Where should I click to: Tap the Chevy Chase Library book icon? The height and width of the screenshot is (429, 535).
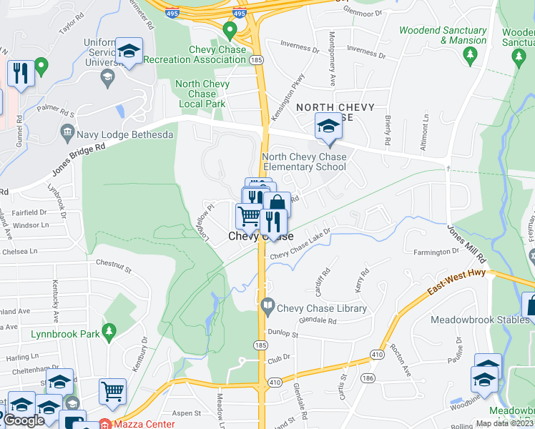pyautogui.click(x=267, y=307)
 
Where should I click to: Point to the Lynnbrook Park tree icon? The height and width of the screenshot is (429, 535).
pyautogui.click(x=109, y=331)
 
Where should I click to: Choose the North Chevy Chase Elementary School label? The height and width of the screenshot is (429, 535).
pyautogui.click(x=304, y=162)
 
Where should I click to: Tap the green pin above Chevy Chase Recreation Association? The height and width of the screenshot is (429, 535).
pyautogui.click(x=230, y=31)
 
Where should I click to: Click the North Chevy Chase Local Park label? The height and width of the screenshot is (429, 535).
pyautogui.click(x=202, y=94)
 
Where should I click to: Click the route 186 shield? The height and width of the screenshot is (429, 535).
pyautogui.click(x=368, y=377)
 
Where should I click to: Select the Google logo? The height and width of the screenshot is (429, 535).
pyautogui.click(x=23, y=420)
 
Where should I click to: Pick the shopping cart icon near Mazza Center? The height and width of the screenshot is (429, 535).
pyautogui.click(x=112, y=390)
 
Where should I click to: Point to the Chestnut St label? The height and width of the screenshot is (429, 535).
pyautogui.click(x=114, y=267)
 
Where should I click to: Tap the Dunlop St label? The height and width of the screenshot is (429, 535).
pyautogui.click(x=283, y=332)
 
